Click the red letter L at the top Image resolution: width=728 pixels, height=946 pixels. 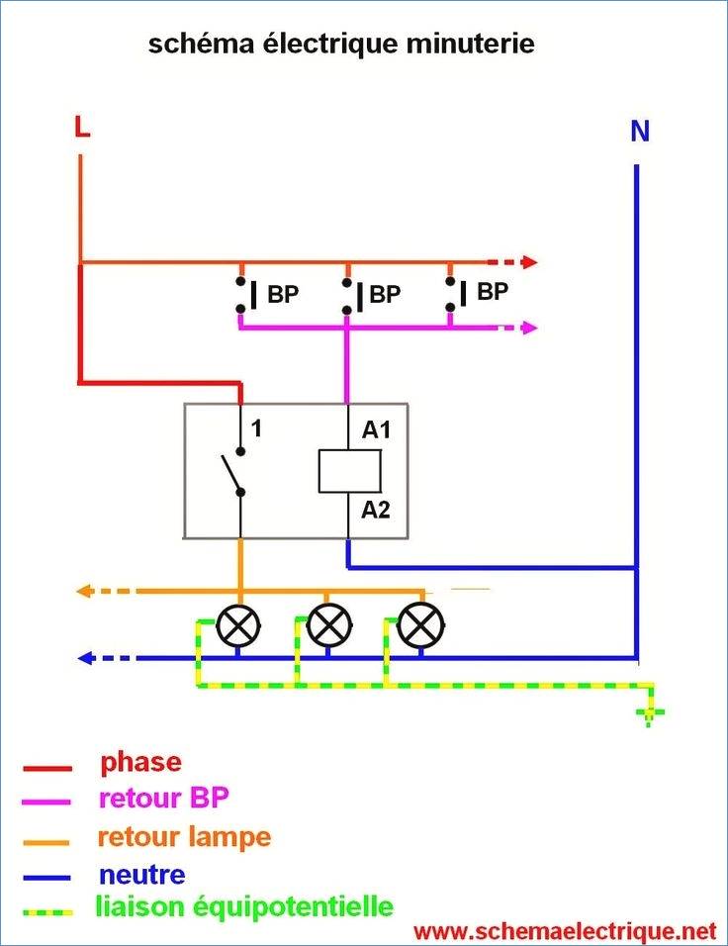pyautogui.click(x=82, y=126)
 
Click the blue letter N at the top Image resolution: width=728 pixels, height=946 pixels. pyautogui.click(x=640, y=131)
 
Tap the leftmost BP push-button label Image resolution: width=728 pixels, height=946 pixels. pyautogui.click(x=283, y=295)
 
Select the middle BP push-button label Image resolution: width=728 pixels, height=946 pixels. pyautogui.click(x=385, y=295)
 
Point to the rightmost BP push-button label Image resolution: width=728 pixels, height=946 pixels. pyautogui.click(x=493, y=291)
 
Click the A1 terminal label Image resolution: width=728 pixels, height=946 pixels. pyautogui.click(x=376, y=429)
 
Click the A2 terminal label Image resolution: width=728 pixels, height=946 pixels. pyautogui.click(x=375, y=510)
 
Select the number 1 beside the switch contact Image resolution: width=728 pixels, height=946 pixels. pyautogui.click(x=256, y=428)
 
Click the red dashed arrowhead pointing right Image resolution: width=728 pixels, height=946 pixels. pyautogui.click(x=529, y=262)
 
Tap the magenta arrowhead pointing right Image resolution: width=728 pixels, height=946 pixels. pyautogui.click(x=529, y=329)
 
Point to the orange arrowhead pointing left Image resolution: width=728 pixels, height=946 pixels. pyautogui.click(x=84, y=591)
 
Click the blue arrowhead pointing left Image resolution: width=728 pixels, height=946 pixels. pyautogui.click(x=86, y=658)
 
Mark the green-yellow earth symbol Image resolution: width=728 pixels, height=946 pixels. pyautogui.click(x=650, y=713)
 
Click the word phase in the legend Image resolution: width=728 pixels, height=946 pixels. pyautogui.click(x=141, y=763)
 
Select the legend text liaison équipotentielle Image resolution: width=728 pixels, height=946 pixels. pyautogui.click(x=244, y=906)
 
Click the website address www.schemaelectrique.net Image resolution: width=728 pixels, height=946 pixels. pyautogui.click(x=565, y=931)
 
